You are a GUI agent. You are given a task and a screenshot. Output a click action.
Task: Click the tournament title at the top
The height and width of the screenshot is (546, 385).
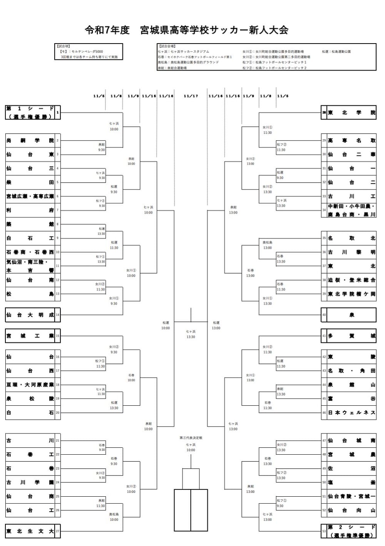[x=186, y=30]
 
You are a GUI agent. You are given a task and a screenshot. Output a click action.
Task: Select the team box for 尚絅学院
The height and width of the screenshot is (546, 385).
[x=30, y=141]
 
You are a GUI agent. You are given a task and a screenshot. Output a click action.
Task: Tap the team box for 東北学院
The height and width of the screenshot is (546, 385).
[x=352, y=113]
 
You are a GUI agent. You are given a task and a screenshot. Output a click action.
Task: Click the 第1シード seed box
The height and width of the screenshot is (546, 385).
[x=30, y=113]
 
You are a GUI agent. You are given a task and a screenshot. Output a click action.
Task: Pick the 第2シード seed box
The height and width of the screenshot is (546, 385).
[x=352, y=531]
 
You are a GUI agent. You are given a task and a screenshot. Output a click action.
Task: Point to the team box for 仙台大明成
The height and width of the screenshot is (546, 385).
[x=30, y=315]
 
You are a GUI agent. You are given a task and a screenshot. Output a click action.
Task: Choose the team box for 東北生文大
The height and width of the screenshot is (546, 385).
[x=30, y=531]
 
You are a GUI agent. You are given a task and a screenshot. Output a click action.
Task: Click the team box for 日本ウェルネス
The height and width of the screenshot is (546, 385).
[x=352, y=413]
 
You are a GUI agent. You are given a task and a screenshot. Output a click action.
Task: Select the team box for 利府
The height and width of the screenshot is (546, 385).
[x=30, y=210]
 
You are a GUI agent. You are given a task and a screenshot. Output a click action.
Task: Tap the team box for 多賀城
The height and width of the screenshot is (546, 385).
[x=352, y=336]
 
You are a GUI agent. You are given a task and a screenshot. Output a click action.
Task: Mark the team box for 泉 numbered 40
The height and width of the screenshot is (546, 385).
[x=352, y=315]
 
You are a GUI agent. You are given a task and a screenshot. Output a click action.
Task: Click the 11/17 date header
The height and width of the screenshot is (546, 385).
[x=191, y=96]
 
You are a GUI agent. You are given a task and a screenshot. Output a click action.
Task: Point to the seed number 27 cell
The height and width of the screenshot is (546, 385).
[x=58, y=531]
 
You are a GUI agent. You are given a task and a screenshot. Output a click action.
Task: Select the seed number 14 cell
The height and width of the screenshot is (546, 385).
[x=58, y=315]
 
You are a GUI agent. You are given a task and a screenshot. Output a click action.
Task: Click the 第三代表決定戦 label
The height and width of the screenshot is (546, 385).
[x=191, y=438]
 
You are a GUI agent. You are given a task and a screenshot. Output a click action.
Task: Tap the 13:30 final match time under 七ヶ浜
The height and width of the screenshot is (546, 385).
[x=191, y=337]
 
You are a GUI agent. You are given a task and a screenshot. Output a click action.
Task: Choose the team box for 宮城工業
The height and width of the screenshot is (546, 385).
[x=30, y=336]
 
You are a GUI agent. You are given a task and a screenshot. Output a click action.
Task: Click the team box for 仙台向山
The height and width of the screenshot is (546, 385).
[x=352, y=510]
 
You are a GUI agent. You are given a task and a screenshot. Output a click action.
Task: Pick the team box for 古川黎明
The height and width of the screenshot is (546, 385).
[x=352, y=252]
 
